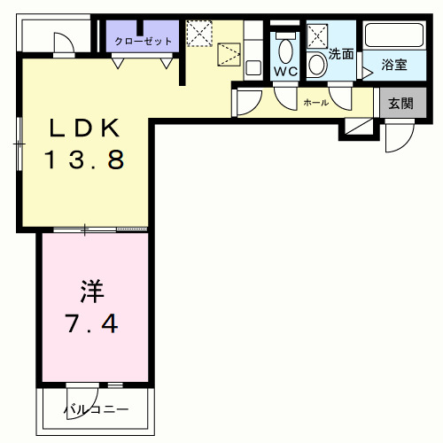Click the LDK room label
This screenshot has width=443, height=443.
(83, 129)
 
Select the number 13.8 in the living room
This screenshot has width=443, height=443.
(85, 160)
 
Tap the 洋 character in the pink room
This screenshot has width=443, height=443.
(92, 290)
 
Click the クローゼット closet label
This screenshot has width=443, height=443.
(142, 41)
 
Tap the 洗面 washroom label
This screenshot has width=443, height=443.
(341, 53)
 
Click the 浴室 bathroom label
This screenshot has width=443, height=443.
(393, 65)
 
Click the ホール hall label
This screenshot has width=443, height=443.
(315, 103)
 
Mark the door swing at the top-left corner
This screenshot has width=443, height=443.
(65, 44)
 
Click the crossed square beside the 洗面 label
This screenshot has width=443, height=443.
(317, 36)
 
